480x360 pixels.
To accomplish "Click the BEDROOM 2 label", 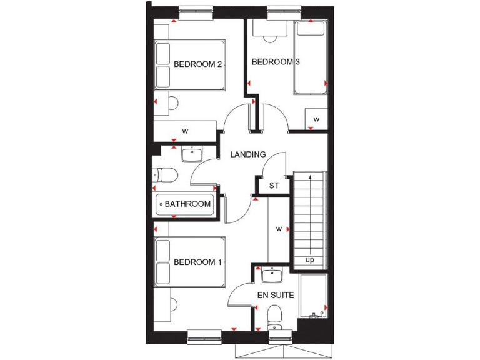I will tap(198, 64).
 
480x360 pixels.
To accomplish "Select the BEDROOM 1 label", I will tap(198, 262).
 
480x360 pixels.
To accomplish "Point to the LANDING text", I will tap(248, 154).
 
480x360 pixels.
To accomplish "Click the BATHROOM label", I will tap(187, 204).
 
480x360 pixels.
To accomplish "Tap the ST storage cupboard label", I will tap(274, 186).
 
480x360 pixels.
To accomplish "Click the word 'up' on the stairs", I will tap(309, 259).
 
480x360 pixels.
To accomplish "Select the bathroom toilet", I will tap(165, 174).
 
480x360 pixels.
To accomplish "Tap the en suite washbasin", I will tap(272, 275).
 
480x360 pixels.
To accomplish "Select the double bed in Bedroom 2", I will tap(189, 64).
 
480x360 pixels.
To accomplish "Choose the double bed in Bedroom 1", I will tap(189, 262).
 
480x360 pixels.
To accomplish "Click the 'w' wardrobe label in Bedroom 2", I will tap(185, 131).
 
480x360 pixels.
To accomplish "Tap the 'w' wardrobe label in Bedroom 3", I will tap(316, 119).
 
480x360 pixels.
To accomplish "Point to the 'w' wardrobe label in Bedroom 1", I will tap(279, 229).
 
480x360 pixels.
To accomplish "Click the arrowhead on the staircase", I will tap(310, 179).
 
